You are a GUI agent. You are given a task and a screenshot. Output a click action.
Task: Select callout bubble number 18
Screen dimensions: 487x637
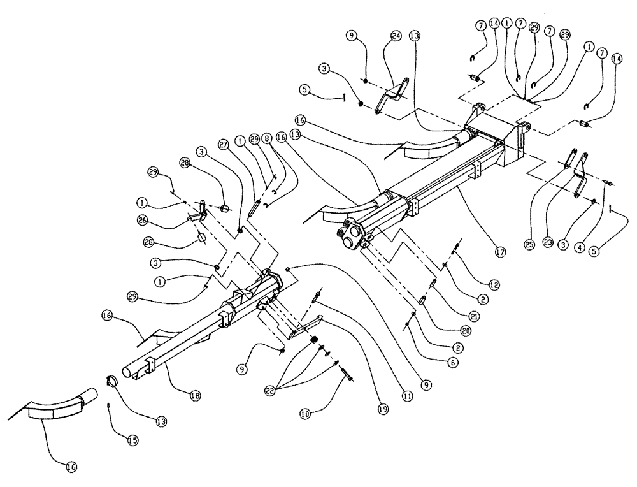click(x=196, y=396)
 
